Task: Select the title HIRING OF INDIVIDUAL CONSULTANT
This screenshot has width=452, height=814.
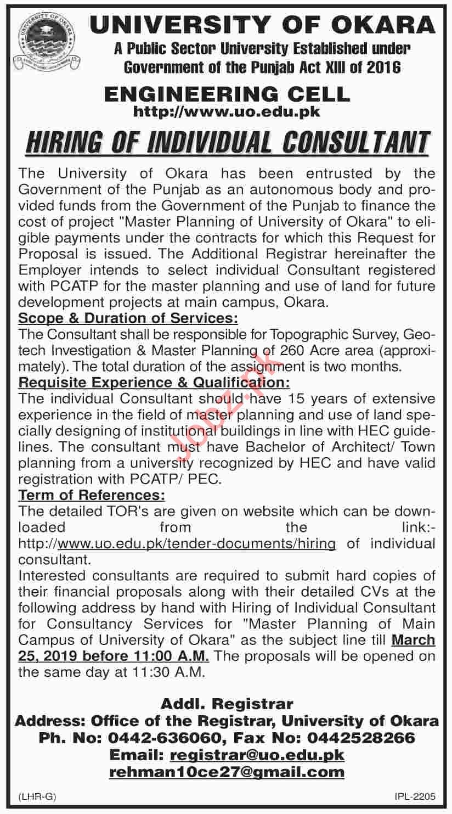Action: (226, 142)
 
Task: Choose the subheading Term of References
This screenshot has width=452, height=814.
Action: (92, 496)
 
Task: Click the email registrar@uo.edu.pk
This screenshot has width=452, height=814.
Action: (257, 755)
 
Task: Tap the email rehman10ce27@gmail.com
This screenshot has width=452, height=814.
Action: (227, 772)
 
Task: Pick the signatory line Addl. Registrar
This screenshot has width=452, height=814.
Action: (227, 704)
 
